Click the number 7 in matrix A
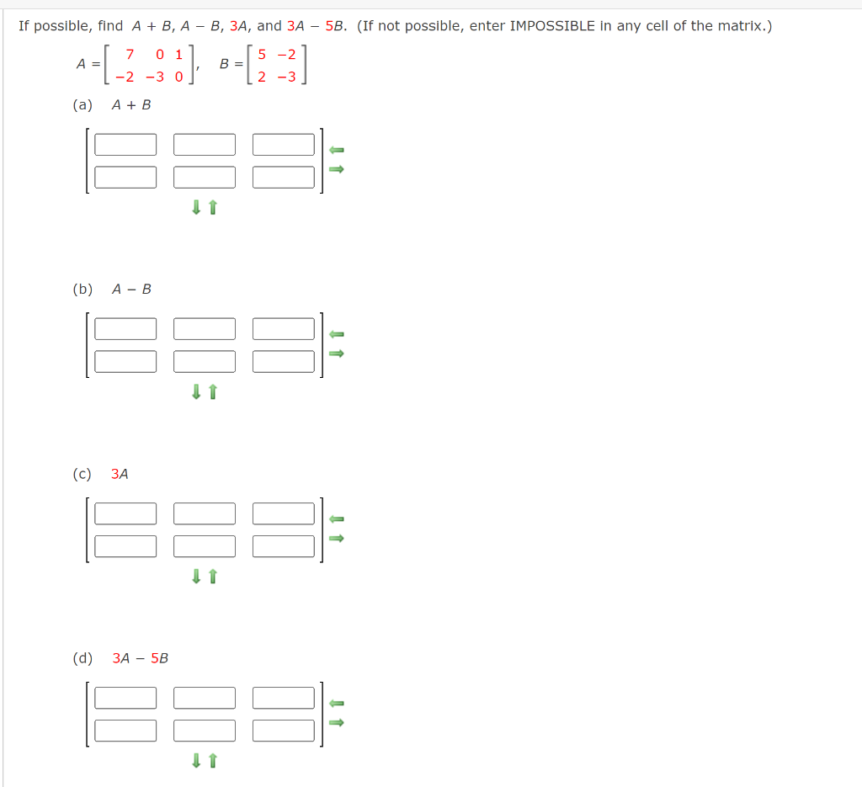[x=130, y=55]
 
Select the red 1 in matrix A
[x=178, y=55]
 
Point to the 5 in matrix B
[x=262, y=55]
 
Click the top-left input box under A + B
[x=125, y=145]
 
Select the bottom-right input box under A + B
[x=283, y=177]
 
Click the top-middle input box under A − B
[x=205, y=329]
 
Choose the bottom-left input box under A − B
[x=125, y=361]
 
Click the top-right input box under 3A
[x=283, y=513]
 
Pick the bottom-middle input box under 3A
[x=205, y=545]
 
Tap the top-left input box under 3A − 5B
[x=125, y=698]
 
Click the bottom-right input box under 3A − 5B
[x=283, y=730]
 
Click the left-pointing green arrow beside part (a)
[x=337, y=150]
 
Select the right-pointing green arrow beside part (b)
[x=337, y=354]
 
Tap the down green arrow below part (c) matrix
[x=195, y=576]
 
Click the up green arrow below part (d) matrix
[x=212, y=761]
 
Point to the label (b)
[x=82, y=289]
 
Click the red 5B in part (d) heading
[x=159, y=658]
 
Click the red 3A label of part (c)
[x=120, y=474]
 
